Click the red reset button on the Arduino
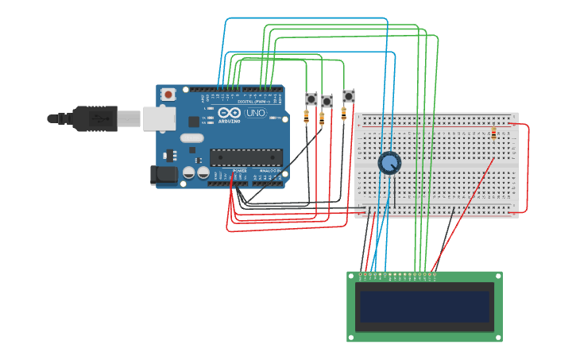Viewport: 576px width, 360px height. tap(168, 95)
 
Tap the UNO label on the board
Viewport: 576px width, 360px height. tap(256, 113)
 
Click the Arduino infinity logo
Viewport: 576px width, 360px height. tap(229, 113)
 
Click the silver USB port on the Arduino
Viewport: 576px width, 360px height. tap(159, 118)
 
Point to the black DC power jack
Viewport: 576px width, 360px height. tap(163, 175)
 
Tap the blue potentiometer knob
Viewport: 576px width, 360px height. tap(389, 163)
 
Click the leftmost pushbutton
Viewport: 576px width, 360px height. tap(311, 99)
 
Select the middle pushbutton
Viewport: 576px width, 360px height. tap(327, 102)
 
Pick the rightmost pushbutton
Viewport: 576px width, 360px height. tap(349, 96)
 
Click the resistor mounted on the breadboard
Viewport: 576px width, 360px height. tap(494, 133)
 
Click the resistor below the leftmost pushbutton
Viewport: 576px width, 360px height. tap(307, 118)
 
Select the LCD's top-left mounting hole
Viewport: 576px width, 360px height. tap(352, 276)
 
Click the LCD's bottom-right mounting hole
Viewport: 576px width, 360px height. tap(497, 337)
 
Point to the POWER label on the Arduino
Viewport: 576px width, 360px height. tap(240, 171)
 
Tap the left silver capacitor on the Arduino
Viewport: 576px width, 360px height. tap(189, 172)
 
